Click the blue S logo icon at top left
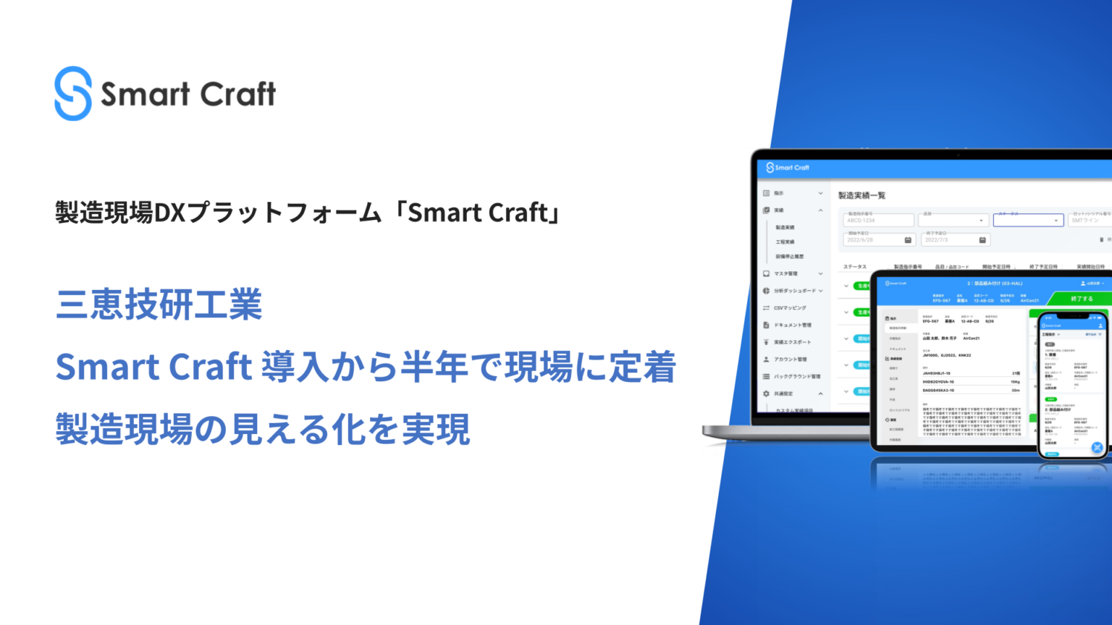coord(73,94)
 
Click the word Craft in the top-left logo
coord(238,95)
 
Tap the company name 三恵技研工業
coord(159,305)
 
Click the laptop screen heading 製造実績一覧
coord(862,195)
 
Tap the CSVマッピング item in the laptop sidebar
coord(789,308)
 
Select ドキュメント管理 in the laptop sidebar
coord(792,326)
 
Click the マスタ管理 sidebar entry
coord(785,274)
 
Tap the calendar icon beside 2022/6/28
coord(908,240)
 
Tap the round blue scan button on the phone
coord(1098,448)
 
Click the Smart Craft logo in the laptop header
coord(788,168)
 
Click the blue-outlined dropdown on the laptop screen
coord(1028,220)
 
